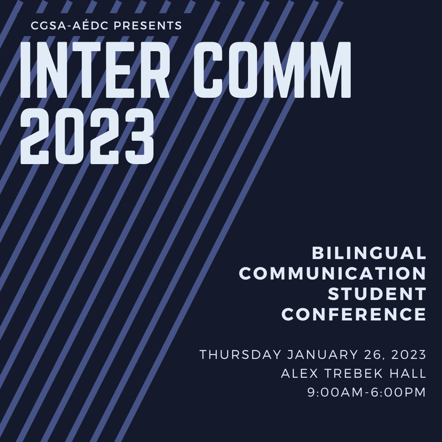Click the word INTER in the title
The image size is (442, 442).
(95, 70)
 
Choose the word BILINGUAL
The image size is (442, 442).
(369, 253)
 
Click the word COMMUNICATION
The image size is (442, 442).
(332, 274)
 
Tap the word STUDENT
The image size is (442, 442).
(377, 294)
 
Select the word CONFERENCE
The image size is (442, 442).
(354, 315)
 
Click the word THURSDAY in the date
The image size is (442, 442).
(240, 354)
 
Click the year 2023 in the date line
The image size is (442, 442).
(409, 354)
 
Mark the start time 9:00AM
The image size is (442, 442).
(333, 392)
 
